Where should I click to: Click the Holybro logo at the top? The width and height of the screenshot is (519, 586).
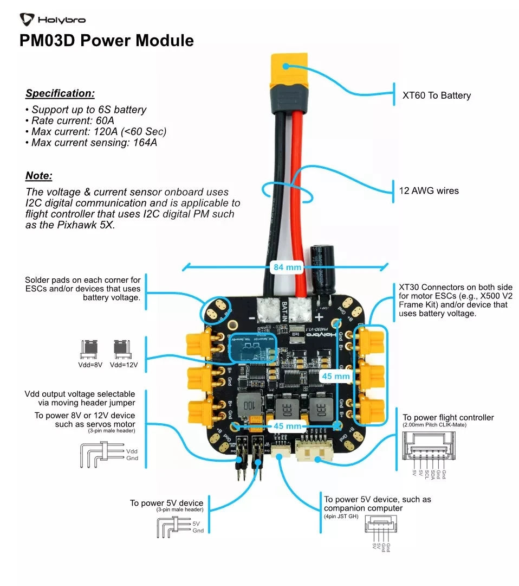tap(53, 20)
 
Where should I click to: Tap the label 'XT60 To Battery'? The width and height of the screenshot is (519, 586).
tap(436, 95)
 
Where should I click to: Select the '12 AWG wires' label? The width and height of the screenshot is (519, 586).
tap(429, 191)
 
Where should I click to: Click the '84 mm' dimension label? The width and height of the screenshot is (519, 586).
tap(285, 267)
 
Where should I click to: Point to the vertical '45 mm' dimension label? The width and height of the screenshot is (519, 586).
tap(336, 376)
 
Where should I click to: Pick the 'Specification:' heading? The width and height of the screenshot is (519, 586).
tap(60, 93)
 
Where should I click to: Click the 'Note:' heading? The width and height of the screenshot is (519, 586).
tap(39, 176)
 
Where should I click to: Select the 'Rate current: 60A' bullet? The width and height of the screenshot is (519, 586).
tap(73, 120)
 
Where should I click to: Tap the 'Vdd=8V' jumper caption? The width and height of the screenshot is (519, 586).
tap(90, 365)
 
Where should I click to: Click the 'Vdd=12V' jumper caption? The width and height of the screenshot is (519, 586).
tap(124, 365)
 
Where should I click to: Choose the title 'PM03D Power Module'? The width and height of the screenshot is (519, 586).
tap(107, 41)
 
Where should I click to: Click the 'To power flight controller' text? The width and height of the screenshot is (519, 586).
tap(448, 417)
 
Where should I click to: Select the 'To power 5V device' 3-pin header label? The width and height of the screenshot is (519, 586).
tap(166, 503)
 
